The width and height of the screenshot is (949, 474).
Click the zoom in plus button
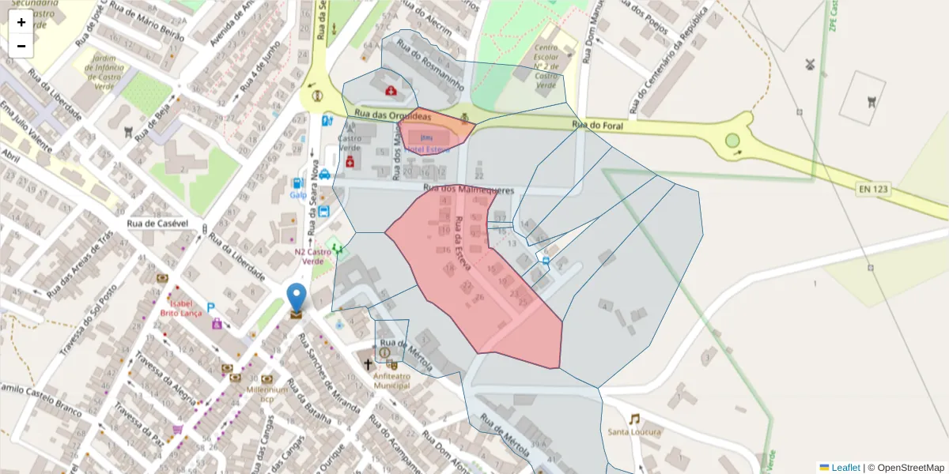pyautogui.click(x=21, y=22)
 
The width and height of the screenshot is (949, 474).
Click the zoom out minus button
pyautogui.click(x=21, y=46)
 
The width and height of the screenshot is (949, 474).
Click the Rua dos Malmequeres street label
pyautogui.click(x=468, y=190)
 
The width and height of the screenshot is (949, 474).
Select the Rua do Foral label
pyautogui.click(x=597, y=125)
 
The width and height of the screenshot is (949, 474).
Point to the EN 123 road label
pyautogui.click(x=873, y=189)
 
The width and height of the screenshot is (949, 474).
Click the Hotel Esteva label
pyautogui.click(x=427, y=149)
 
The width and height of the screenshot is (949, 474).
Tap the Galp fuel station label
pyautogui.click(x=298, y=195)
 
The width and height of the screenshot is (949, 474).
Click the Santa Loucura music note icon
pyautogui.click(x=634, y=419)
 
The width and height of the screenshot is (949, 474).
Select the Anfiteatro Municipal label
pyautogui.click(x=396, y=381)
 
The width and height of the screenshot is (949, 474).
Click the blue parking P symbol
pyautogui.click(x=211, y=307)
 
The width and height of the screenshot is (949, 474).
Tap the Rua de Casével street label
pyautogui.click(x=157, y=224)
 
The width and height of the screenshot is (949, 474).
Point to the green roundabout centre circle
pyautogui.click(x=732, y=141)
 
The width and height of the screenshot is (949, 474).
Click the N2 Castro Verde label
pyautogui.click(x=308, y=257)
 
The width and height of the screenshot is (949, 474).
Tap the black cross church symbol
pyautogui.click(x=367, y=364)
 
